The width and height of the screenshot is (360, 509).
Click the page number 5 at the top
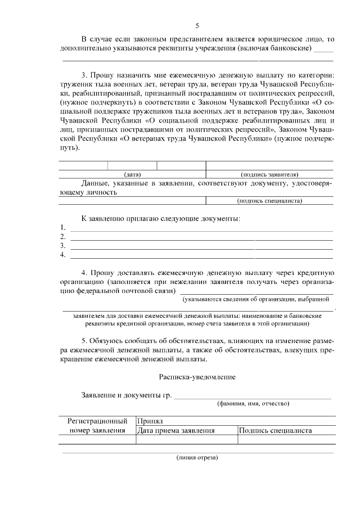(x=197, y=25)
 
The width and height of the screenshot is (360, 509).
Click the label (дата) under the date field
(x=133, y=174)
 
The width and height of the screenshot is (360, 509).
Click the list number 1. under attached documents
(x=63, y=228)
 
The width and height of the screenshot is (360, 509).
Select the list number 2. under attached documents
(x=63, y=237)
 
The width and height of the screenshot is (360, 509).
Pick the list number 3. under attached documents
(x=63, y=246)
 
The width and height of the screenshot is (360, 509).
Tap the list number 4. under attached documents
(x=63, y=255)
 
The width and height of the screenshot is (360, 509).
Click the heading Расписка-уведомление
(x=197, y=376)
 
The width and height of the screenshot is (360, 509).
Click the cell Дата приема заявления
(x=176, y=431)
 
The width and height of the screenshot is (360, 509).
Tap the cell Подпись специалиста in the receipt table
(x=276, y=431)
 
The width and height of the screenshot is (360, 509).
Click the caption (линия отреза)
(x=197, y=457)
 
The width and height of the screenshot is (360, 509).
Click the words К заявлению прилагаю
(x=118, y=218)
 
